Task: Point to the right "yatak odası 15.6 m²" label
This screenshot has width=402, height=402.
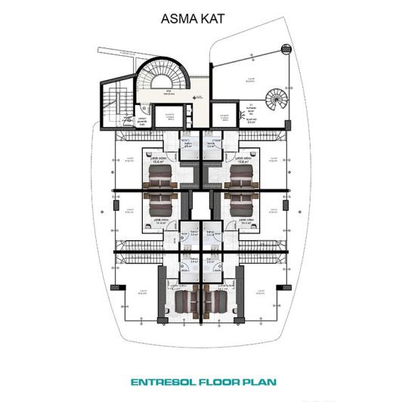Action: click(x=243, y=160)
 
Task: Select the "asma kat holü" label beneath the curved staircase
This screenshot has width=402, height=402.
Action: click(x=172, y=94)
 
